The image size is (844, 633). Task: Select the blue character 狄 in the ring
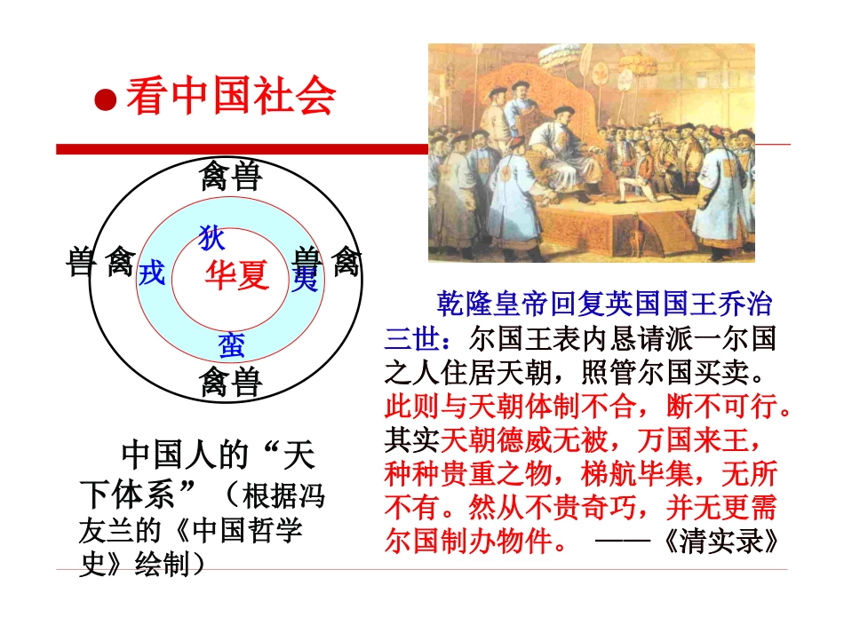pyautogui.click(x=211, y=238)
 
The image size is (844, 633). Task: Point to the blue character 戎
pyautogui.click(x=152, y=273)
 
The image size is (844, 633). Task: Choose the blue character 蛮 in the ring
pyautogui.click(x=232, y=345)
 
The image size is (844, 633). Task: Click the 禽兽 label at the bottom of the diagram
pyautogui.click(x=230, y=383)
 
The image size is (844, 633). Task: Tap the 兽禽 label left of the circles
pyautogui.click(x=101, y=263)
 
